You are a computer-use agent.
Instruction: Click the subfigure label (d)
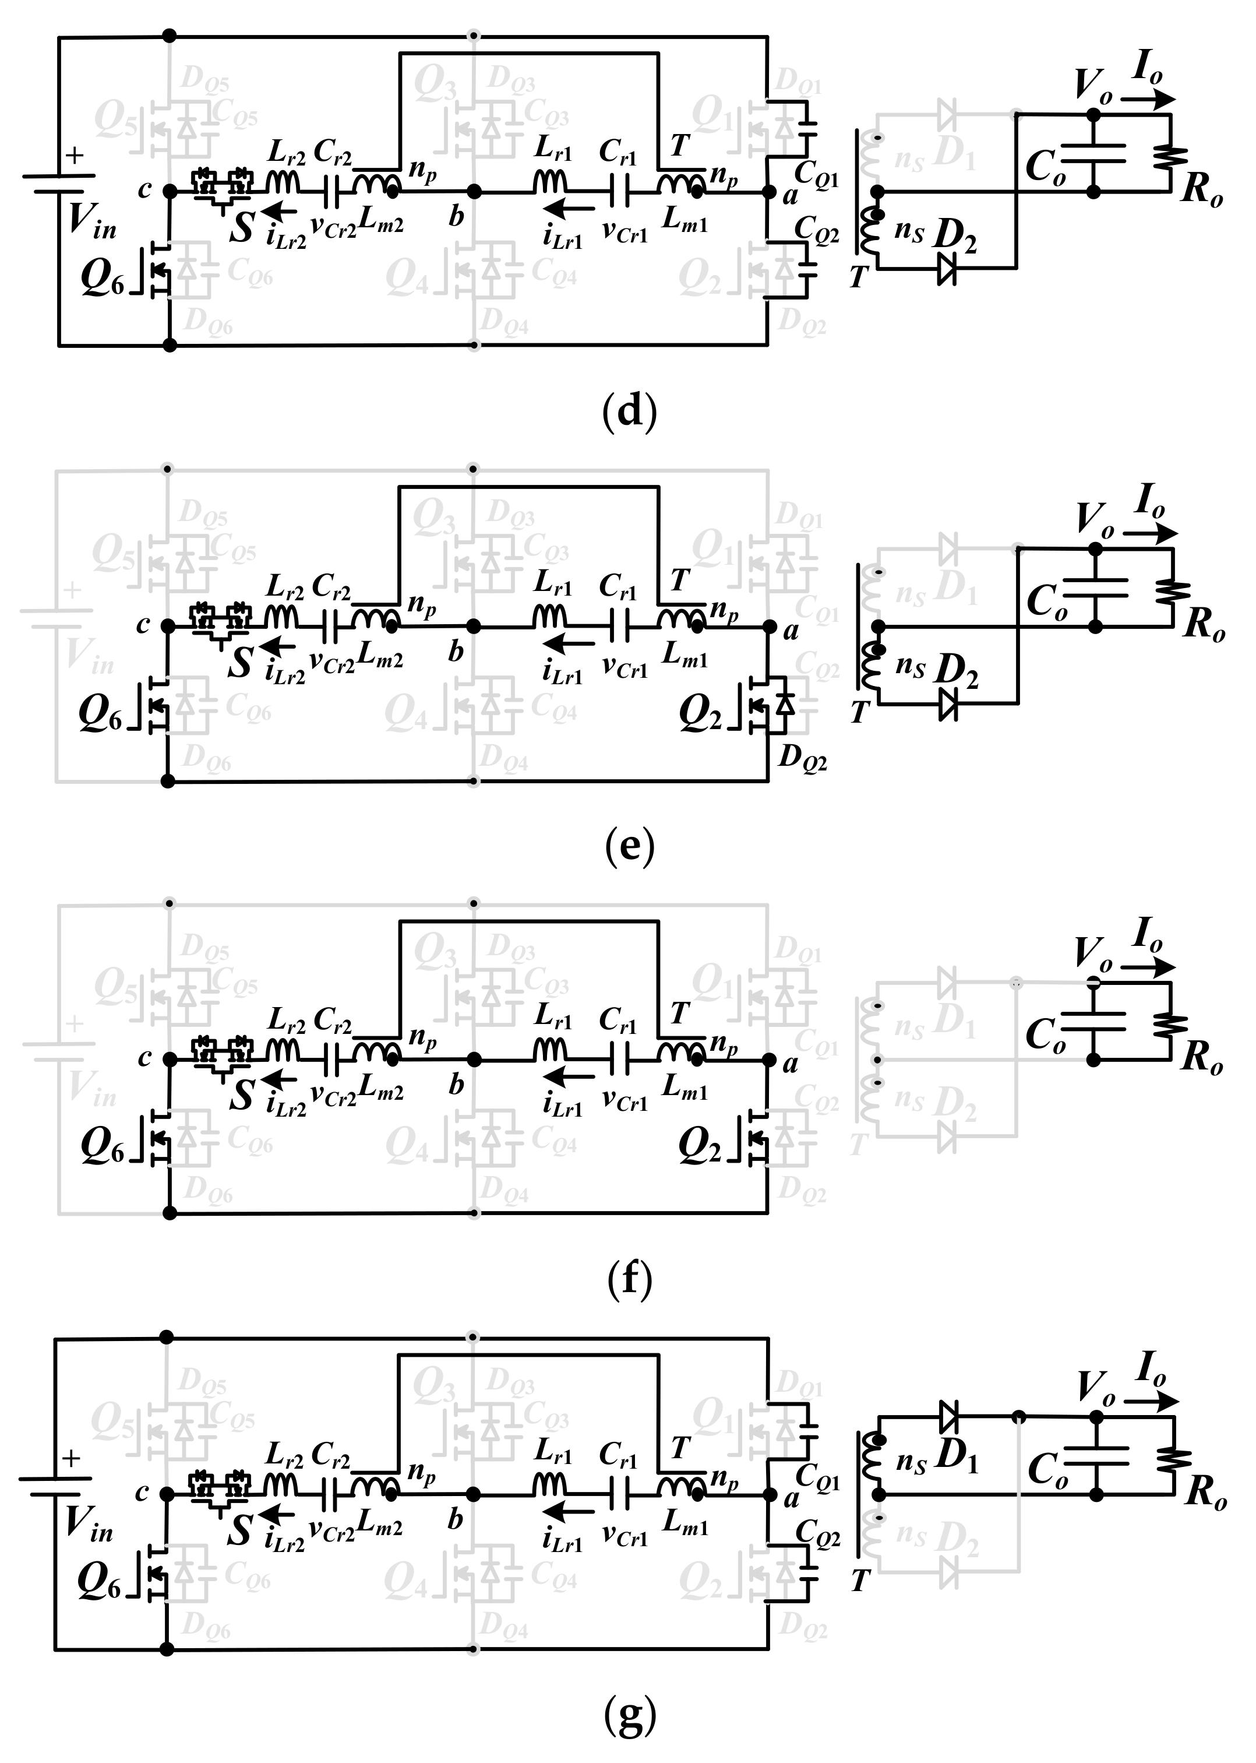pos(629,411)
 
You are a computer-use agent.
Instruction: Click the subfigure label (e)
pos(629,846)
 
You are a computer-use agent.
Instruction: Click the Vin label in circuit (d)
pos(91,220)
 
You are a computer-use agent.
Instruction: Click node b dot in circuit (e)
pos(474,627)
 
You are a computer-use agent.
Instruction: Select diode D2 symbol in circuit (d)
pos(947,269)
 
